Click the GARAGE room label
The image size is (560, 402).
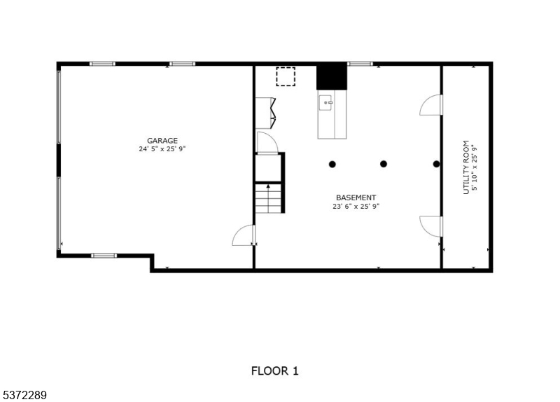coord(162,141)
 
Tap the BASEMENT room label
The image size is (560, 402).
coord(356,197)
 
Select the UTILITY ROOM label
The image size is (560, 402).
coord(465,167)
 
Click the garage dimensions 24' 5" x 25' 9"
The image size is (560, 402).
coord(162,149)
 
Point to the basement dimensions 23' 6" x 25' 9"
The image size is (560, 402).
coord(356,206)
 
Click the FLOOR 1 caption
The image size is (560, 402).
coord(274,371)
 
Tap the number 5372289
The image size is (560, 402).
coord(24,395)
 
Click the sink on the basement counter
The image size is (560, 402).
coord(325,103)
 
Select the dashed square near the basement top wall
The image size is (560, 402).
coord(286,76)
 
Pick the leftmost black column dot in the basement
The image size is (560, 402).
coord(332,165)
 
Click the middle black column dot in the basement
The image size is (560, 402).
coord(384,164)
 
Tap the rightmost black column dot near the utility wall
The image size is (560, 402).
coord(436,164)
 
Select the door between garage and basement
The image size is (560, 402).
coord(244,235)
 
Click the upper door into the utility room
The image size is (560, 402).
coord(431,104)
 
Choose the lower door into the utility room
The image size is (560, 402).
coord(431,226)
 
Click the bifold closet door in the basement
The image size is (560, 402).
coord(266,113)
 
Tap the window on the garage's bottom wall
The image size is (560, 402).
coord(104,256)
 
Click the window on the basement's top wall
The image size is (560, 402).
coord(360,64)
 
